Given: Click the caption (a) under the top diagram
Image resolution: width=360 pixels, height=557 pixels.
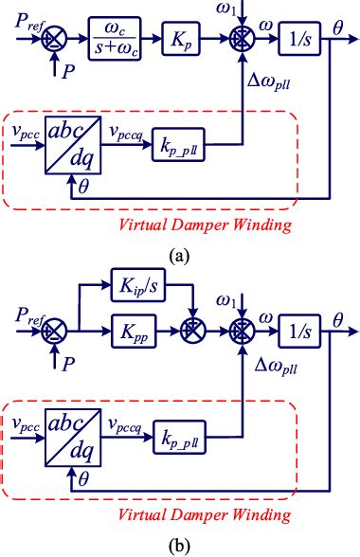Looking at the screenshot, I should tap(179, 255).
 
